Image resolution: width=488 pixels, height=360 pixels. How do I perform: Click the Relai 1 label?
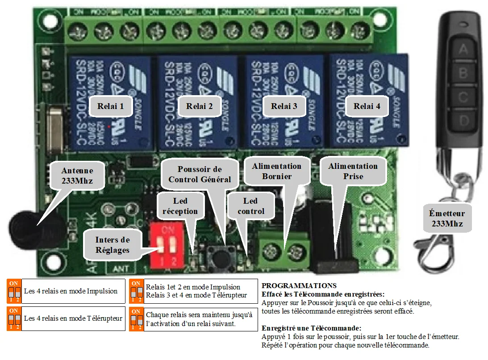coord(110,106)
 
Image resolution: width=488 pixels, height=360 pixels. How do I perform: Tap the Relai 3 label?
coord(284,106)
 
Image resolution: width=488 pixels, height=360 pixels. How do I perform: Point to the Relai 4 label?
coord(367,106)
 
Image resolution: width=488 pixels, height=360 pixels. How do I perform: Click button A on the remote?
coord(463,49)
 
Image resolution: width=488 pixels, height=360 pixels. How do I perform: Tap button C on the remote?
coord(463,96)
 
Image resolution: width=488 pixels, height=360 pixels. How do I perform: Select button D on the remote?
coord(463,120)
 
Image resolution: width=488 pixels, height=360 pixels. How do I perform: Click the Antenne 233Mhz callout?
coord(77,176)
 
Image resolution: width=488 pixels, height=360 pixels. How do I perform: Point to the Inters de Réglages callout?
coord(112,245)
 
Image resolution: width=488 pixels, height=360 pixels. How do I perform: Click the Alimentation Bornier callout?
coord(276,171)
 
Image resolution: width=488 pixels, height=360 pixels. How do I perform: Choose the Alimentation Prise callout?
coord(353,171)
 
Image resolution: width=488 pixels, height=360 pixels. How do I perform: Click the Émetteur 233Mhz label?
coord(447,218)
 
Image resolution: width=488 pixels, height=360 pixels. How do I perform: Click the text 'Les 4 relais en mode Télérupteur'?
coord(73,318)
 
